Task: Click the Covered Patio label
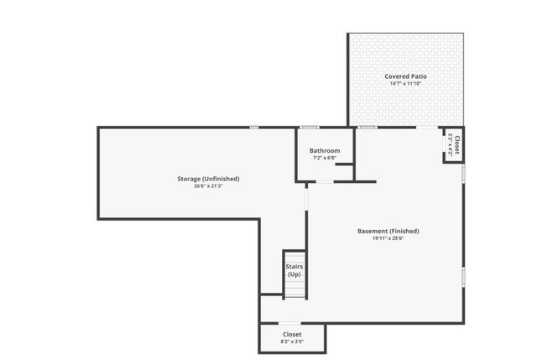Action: (x=406, y=76)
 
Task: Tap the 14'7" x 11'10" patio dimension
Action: (x=406, y=84)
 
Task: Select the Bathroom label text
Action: (x=325, y=151)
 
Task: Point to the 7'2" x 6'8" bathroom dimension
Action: (x=325, y=158)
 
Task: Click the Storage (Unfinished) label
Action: (x=208, y=179)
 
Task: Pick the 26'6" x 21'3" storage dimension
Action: (x=208, y=186)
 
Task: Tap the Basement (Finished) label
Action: (x=388, y=231)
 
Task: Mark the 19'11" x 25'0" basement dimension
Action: (x=388, y=238)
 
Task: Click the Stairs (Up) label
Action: (x=295, y=270)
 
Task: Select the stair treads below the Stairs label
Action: (x=295, y=290)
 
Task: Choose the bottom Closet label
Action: (x=292, y=334)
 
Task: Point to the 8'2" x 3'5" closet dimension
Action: (x=292, y=342)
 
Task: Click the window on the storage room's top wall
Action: (x=253, y=128)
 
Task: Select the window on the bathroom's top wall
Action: (x=310, y=128)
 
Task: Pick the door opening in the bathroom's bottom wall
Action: (x=323, y=180)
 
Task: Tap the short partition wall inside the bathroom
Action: (x=344, y=165)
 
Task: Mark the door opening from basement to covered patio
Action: (x=427, y=128)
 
